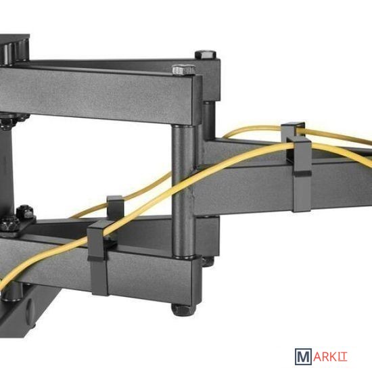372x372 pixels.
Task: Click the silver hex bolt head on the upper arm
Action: [183, 70]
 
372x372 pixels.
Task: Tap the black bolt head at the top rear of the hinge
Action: [206, 54]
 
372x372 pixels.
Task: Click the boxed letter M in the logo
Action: [303, 356]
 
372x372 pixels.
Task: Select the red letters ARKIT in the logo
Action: [330, 356]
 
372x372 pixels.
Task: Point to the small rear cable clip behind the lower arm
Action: [115, 207]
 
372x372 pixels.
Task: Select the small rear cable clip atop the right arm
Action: [292, 130]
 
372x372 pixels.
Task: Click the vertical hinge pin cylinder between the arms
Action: [183, 191]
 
